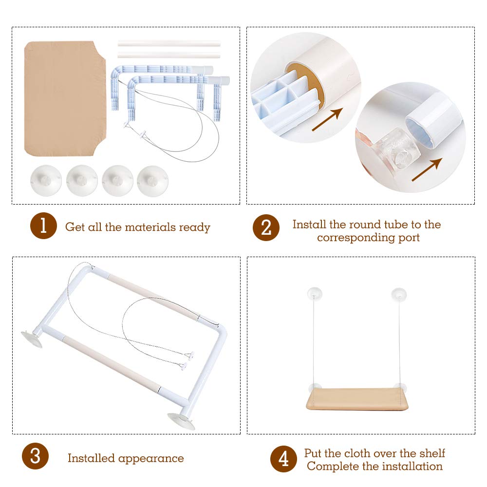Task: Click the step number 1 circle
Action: point(43,226)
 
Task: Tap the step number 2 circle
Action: point(266,227)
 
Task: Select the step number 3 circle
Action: point(36,456)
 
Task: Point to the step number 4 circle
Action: point(283,459)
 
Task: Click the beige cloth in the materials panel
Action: point(65,98)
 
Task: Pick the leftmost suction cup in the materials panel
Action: point(46,181)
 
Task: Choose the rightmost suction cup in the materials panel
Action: point(152,181)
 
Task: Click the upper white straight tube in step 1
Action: point(169,43)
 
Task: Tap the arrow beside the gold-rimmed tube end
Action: point(327,119)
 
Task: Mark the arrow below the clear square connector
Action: point(427,169)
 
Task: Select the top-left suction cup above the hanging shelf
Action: point(315,294)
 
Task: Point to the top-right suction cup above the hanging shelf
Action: point(399,294)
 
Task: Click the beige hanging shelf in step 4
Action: point(357,399)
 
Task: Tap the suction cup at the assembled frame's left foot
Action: point(31,339)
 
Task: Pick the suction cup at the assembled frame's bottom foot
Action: point(181,421)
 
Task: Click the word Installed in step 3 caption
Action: point(92,458)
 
